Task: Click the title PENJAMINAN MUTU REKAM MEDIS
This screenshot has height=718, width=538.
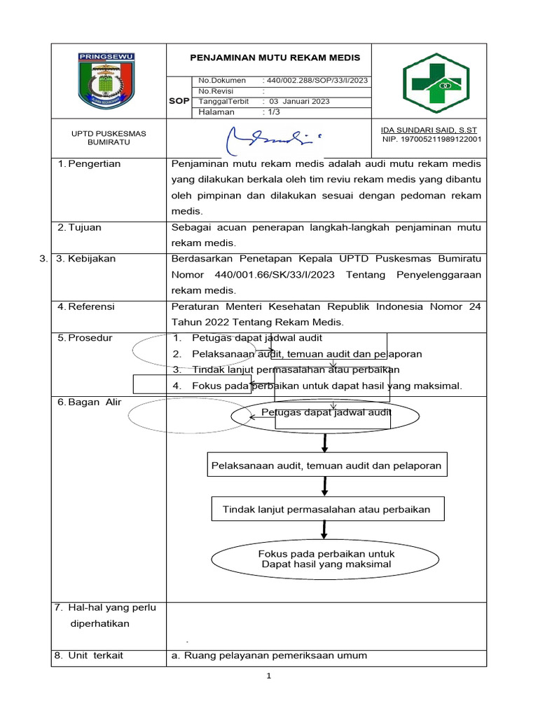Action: [275, 57]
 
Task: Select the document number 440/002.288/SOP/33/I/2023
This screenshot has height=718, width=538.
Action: [315, 81]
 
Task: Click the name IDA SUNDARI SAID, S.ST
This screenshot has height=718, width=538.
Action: [428, 130]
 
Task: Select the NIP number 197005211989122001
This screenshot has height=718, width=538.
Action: [432, 140]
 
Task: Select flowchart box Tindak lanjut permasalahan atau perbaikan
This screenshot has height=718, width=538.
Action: [326, 510]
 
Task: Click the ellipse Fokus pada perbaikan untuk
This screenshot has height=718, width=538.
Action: [326, 559]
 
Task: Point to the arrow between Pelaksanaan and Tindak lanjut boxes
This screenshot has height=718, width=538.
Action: [325, 487]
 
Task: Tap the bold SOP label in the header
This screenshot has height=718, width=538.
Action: [179, 102]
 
